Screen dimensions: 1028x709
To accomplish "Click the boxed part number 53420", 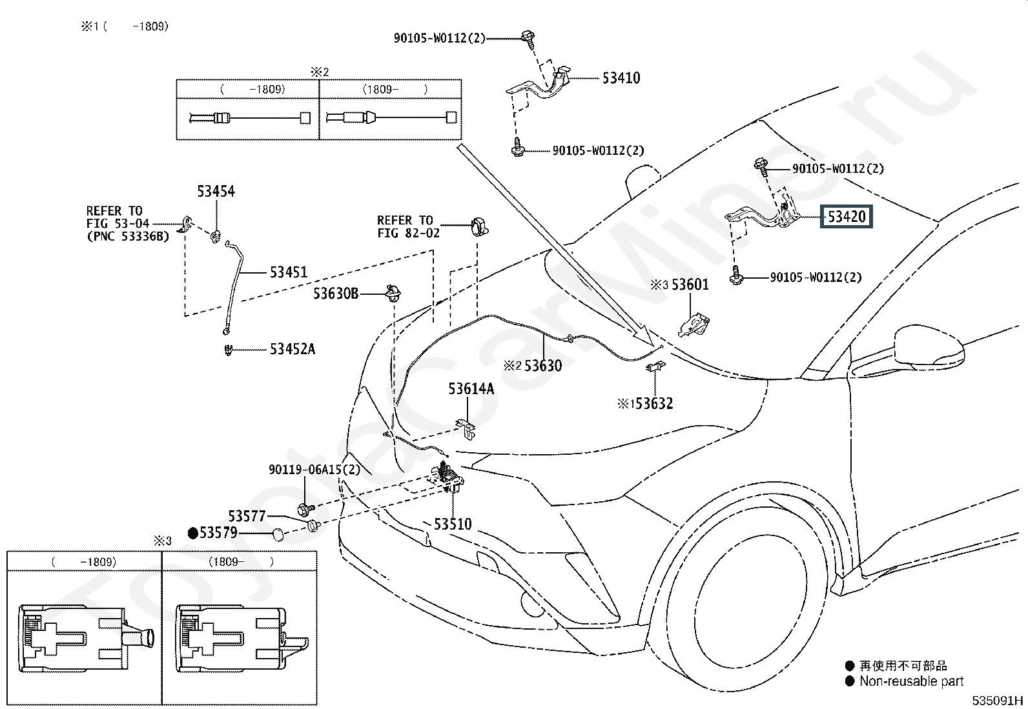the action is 847,217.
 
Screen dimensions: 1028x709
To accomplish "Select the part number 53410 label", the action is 621,78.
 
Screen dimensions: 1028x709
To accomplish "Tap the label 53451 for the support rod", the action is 288,272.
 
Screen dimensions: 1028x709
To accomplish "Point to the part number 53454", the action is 216,191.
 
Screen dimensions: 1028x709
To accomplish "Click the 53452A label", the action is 293,349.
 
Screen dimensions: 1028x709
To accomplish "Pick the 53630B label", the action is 336,294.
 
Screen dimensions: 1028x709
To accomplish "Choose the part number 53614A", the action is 471,389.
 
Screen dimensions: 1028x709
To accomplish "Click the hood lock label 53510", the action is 453,524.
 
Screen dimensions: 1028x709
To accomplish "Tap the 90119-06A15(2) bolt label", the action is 314,469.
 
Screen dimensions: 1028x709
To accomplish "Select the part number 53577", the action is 247,516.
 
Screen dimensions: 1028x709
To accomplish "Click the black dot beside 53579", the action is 192,533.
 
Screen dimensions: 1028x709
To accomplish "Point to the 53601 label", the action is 690,285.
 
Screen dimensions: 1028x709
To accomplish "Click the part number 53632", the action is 654,404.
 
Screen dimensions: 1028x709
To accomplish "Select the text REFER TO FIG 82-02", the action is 408,226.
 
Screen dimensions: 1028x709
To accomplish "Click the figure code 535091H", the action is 997,700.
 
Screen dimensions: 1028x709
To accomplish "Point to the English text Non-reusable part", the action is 911,681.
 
